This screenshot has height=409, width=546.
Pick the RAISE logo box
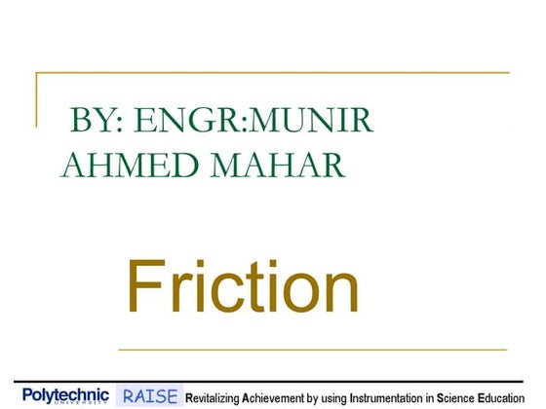(x=150, y=395)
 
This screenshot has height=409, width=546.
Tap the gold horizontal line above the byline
(x=273, y=73)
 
